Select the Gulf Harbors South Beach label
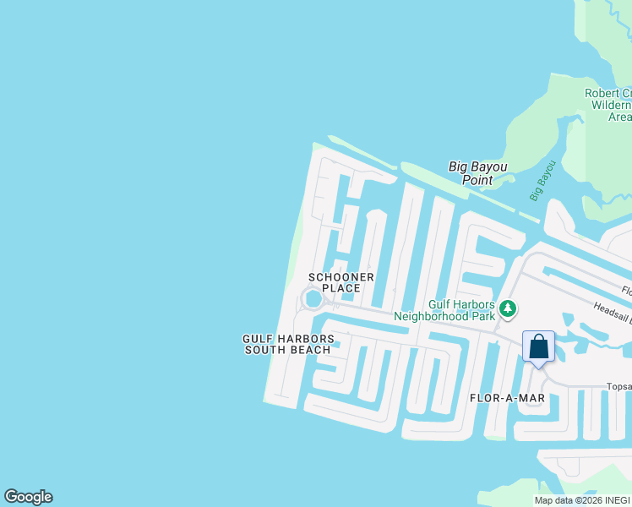coord(288,345)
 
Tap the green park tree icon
coord(508,308)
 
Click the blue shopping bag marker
coord(538,346)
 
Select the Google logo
coord(28,497)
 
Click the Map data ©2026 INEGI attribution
coord(582,500)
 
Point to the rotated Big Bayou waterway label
coord(542,181)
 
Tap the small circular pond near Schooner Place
coord(313,299)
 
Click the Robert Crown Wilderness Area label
coord(607,105)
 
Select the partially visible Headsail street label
coord(612,311)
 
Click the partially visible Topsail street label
coord(618,387)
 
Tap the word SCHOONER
coord(341,277)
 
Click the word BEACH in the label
coord(313,351)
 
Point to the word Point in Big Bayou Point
coord(477,179)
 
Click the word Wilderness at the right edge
coord(611,105)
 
